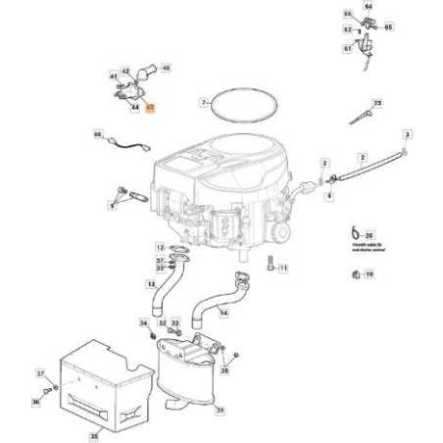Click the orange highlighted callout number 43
click(x=151, y=112)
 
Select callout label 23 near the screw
click(x=377, y=102)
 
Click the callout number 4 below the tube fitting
click(x=329, y=196)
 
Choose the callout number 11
click(x=282, y=268)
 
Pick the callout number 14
click(x=223, y=313)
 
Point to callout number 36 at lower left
click(x=34, y=402)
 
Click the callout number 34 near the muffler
click(x=143, y=322)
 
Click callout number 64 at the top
click(x=369, y=6)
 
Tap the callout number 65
click(x=387, y=30)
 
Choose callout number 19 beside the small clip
click(x=369, y=274)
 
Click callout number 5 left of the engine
click(x=112, y=205)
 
